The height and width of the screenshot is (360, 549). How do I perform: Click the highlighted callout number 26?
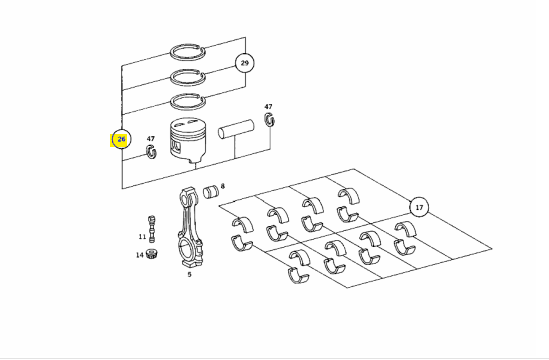tap(121, 139)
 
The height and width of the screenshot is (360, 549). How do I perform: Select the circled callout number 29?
tap(244, 63)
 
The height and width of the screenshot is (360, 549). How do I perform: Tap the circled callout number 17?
tap(419, 207)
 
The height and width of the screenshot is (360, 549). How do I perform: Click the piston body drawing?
tap(187, 141)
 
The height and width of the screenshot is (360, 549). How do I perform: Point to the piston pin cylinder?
tap(236, 129)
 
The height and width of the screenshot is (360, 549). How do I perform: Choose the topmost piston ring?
tap(188, 52)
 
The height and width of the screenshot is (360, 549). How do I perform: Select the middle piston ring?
tap(188, 77)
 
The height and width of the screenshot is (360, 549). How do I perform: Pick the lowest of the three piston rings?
tap(188, 101)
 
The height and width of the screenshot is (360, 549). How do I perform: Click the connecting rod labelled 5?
tap(189, 228)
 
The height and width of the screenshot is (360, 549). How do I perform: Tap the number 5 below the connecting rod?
tap(189, 275)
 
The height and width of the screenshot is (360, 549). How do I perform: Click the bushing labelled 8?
tap(211, 192)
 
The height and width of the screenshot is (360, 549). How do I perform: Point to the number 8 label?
tap(223, 186)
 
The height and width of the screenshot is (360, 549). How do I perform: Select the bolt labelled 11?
tap(152, 229)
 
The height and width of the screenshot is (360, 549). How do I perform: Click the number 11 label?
tap(142, 237)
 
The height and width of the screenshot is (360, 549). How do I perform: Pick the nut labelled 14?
tap(152, 254)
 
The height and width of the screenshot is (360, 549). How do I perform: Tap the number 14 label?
tap(140, 255)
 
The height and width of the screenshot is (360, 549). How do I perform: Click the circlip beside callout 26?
tap(151, 151)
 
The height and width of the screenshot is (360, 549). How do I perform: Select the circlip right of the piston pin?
tap(269, 119)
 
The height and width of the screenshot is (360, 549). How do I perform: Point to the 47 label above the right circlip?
tap(268, 107)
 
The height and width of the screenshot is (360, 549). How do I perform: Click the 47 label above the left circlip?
tap(151, 139)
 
